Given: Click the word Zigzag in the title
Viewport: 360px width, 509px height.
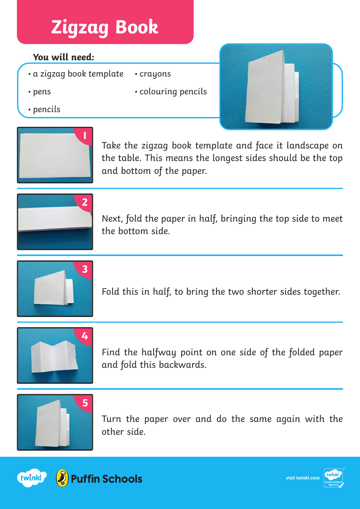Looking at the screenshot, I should pos(80,27).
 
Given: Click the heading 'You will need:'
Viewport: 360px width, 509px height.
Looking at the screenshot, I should pos(63,57).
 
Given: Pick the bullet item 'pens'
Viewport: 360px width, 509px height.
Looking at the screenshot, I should pos(41,92).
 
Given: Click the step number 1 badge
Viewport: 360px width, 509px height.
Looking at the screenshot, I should pos(85,136).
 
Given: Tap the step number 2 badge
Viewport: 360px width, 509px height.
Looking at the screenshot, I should pos(85,202).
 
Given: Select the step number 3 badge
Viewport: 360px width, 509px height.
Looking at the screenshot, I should pos(85,269).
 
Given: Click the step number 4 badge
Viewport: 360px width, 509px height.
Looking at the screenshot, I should pos(85,336).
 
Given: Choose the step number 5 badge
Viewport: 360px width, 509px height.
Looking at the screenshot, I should pos(85,403).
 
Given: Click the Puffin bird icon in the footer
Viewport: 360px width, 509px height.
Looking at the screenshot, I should pos(62,478).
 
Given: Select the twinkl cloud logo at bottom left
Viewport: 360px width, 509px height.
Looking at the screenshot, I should pos(31,478).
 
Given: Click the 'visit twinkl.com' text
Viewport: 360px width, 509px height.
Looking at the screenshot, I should pos(302,478).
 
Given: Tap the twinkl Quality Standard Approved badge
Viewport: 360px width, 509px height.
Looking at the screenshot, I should pos(333,478).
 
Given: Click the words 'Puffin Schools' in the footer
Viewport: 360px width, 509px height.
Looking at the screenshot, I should pos(106,479).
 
